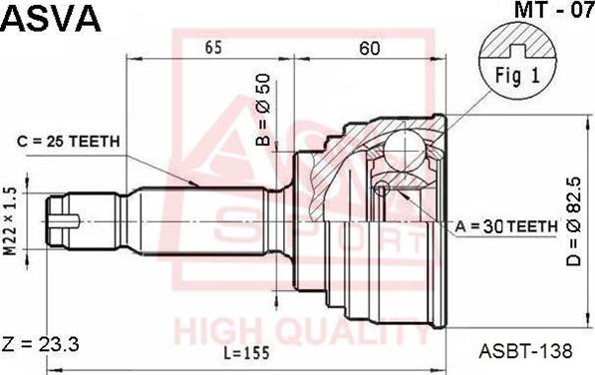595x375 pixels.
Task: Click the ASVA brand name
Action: (x=51, y=18)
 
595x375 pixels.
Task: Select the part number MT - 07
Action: (x=554, y=10)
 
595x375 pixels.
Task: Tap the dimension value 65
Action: (x=213, y=48)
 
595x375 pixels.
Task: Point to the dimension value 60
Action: (x=369, y=48)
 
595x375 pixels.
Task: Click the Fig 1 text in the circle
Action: (x=517, y=76)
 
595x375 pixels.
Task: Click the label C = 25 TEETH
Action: (x=69, y=142)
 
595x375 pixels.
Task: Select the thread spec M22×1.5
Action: (x=11, y=220)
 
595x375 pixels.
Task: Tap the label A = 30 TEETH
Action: (x=506, y=227)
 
